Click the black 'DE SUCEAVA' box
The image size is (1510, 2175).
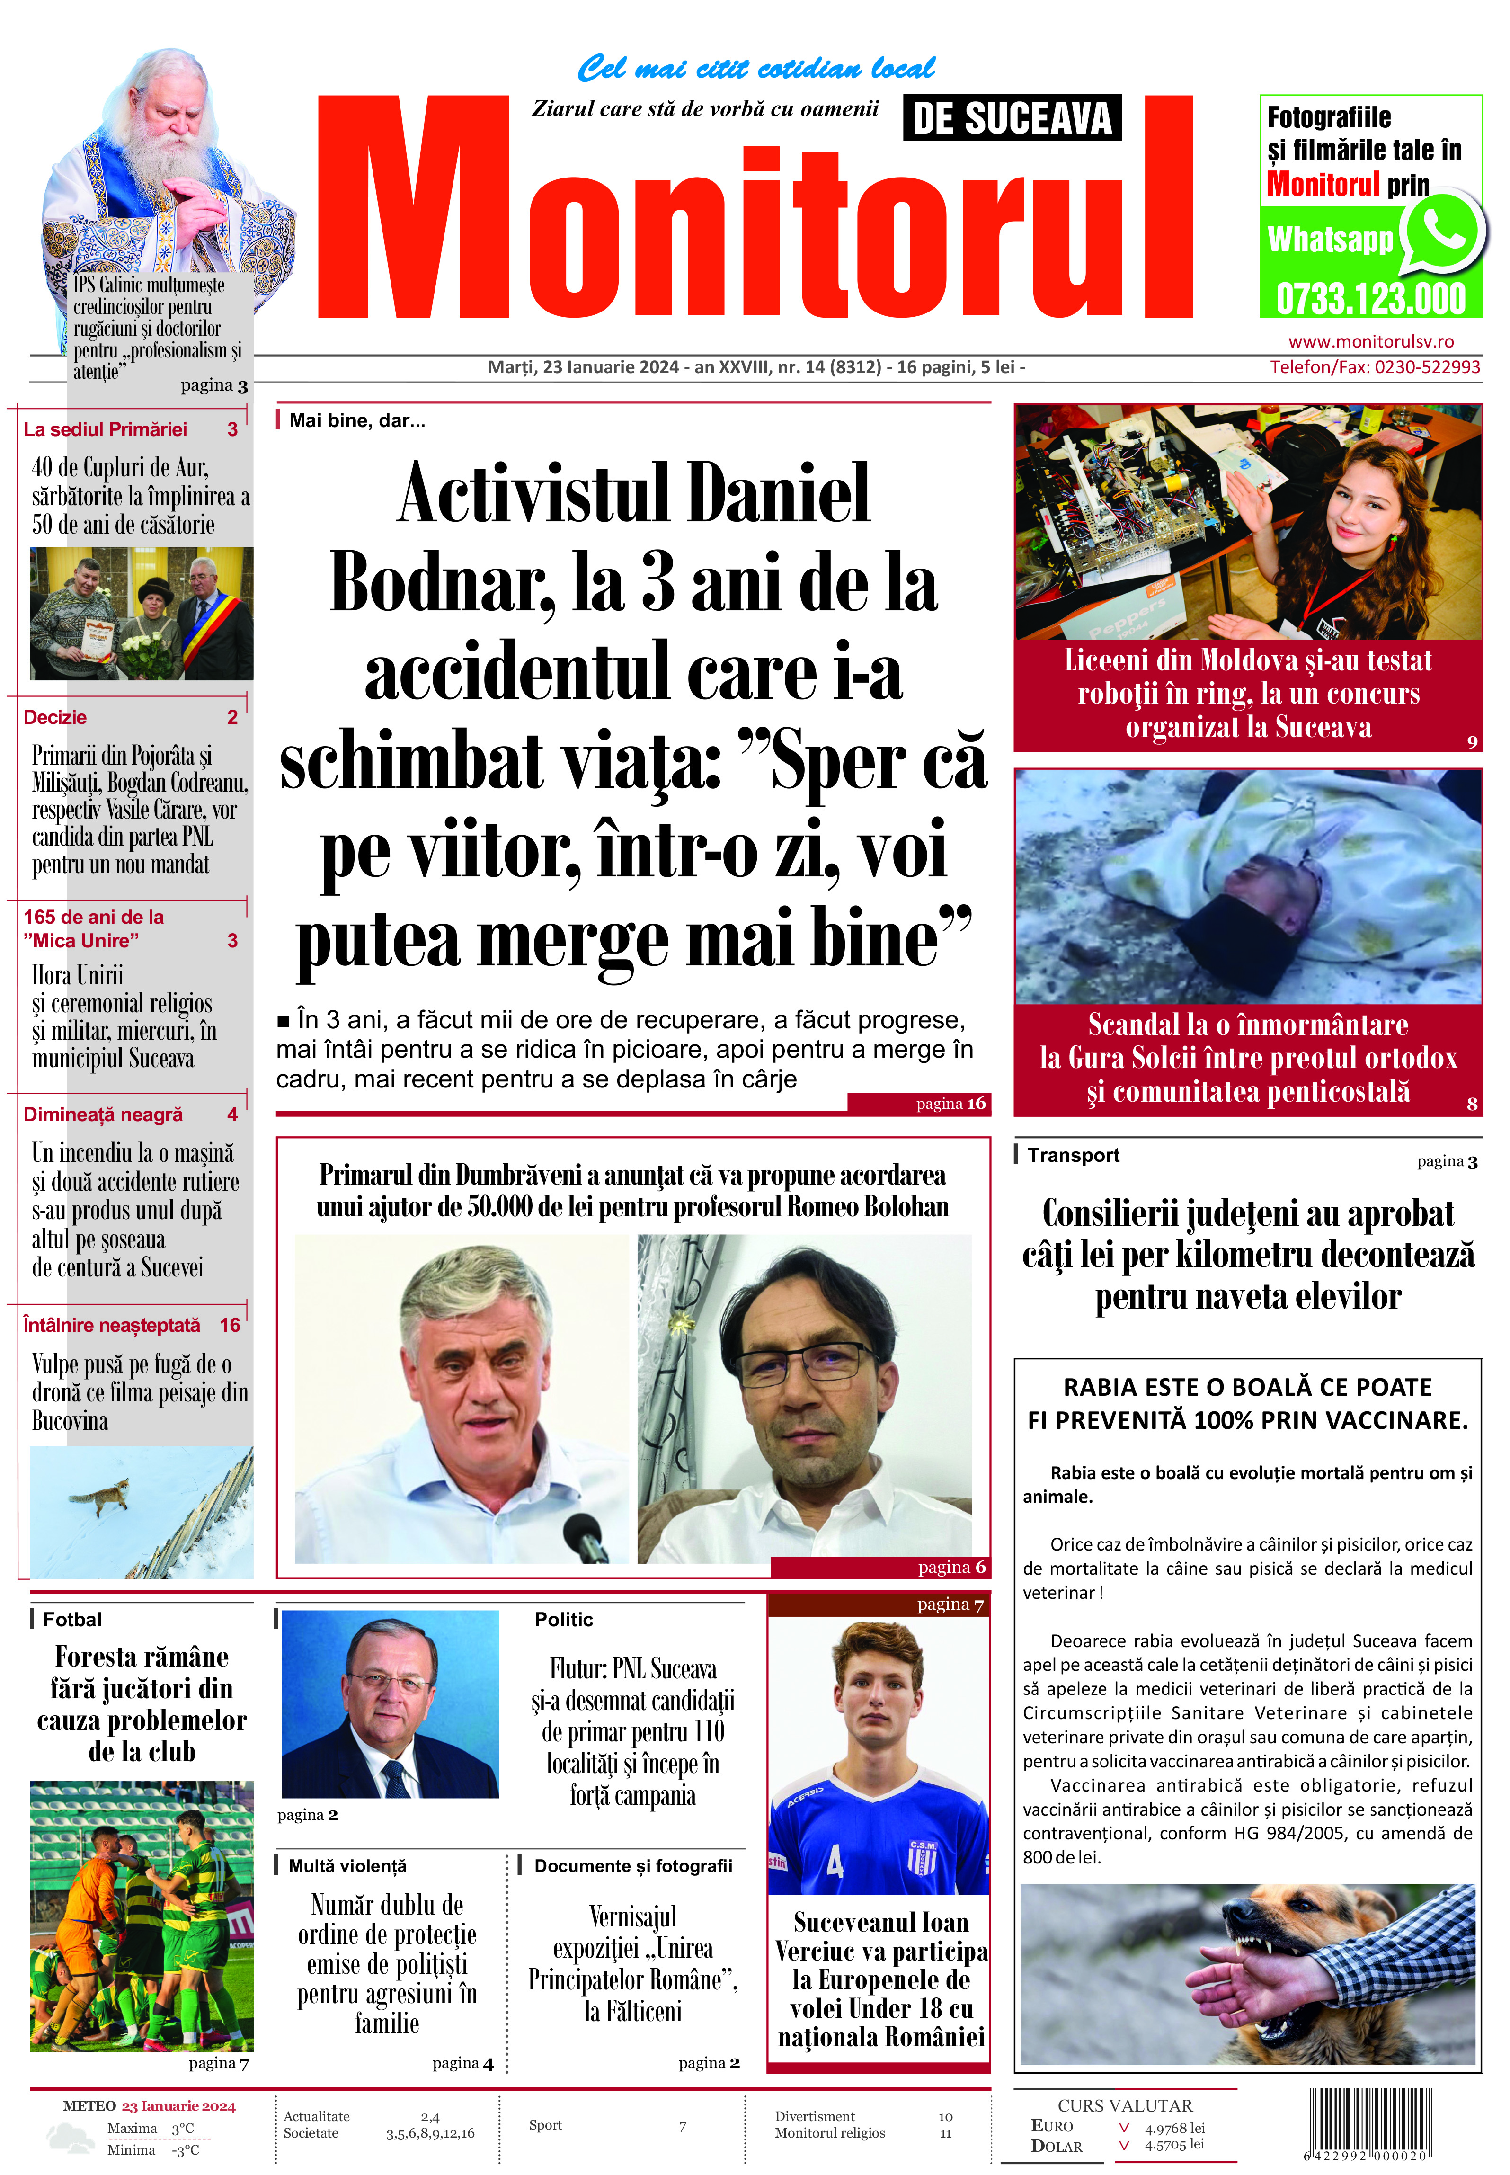point(1012,118)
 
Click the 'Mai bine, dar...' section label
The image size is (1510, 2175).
point(357,421)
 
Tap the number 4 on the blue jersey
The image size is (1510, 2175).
point(835,1862)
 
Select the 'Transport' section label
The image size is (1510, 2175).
point(1073,1155)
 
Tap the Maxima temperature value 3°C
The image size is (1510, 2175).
point(183,2129)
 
